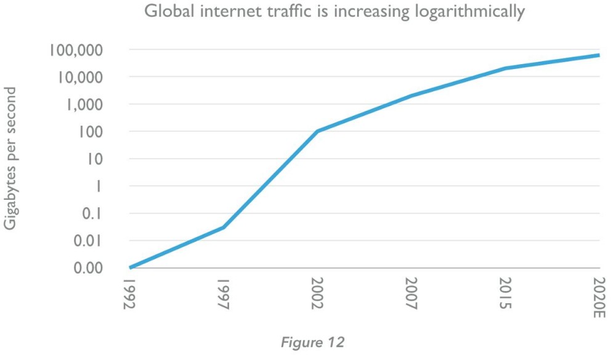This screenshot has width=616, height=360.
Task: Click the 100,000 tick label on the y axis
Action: coord(75,50)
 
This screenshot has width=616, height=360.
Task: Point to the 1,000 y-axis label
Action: coord(83,104)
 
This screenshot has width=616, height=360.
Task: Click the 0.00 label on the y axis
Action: coord(89,268)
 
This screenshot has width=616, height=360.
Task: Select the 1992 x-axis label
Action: coord(130,297)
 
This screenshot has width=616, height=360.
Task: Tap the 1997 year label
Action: coord(224,297)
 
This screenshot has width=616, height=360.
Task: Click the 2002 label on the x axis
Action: coord(317,297)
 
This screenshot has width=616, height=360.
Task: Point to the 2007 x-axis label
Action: coord(411,297)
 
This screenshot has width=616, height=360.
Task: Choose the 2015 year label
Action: coord(505,297)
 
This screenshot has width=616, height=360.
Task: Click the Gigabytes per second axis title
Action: coord(10,158)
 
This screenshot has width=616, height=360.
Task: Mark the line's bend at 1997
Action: coord(224,227)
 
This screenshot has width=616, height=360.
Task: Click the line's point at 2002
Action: coord(317,131)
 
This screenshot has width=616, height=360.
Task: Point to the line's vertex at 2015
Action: coord(505,68)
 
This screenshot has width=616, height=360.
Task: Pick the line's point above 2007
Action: coord(411,96)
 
